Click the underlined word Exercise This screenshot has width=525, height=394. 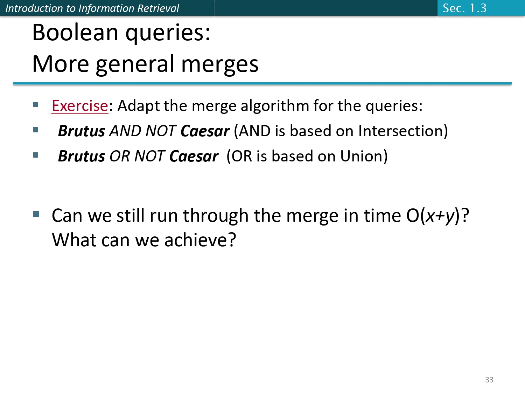(x=80, y=106)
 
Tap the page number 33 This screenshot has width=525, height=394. (x=489, y=380)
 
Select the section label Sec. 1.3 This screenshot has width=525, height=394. (x=464, y=8)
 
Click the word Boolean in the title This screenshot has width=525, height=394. (x=75, y=33)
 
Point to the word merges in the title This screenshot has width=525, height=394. (x=219, y=64)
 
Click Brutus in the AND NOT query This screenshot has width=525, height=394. (x=81, y=131)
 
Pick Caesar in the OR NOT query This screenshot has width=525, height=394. (x=194, y=156)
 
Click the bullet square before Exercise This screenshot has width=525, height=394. (x=35, y=104)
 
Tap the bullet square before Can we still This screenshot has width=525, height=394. (x=36, y=214)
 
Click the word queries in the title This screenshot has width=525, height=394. (x=168, y=33)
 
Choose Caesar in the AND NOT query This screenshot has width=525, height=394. (x=205, y=131)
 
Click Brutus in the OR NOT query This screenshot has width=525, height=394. (x=81, y=156)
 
